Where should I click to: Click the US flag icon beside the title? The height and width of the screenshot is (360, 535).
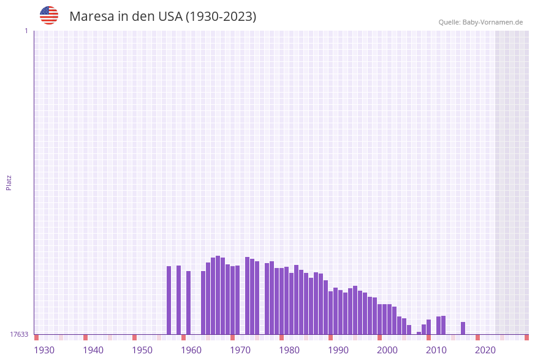(x=49, y=15)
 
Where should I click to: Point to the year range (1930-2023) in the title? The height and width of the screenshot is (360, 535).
(x=221, y=17)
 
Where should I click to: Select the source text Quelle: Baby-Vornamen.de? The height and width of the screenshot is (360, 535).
(x=480, y=22)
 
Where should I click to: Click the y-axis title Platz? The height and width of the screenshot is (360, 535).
(x=9, y=182)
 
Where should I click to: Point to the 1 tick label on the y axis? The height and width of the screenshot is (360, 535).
(x=26, y=31)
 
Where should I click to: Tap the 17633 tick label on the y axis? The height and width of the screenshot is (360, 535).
(x=19, y=334)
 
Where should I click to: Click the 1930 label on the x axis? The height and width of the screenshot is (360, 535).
(x=44, y=350)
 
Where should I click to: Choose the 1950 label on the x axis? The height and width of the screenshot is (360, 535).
(x=142, y=350)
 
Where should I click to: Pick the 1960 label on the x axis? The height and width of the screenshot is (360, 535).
(x=191, y=350)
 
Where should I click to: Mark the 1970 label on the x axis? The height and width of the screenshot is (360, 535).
(x=240, y=350)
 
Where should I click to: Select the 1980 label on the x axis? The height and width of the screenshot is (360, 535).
(x=289, y=350)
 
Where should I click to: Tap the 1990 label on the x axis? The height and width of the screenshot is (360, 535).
(x=338, y=350)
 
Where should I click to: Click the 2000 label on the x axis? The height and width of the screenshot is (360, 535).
(x=387, y=350)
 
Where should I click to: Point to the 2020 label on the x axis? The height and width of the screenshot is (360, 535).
(x=485, y=350)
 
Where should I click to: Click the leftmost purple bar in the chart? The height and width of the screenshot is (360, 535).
(x=169, y=301)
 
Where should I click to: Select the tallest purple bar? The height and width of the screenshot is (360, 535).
(x=218, y=295)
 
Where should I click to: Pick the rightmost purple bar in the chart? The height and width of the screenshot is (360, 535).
(x=463, y=328)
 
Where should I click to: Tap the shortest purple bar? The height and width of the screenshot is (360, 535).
(x=419, y=333)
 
